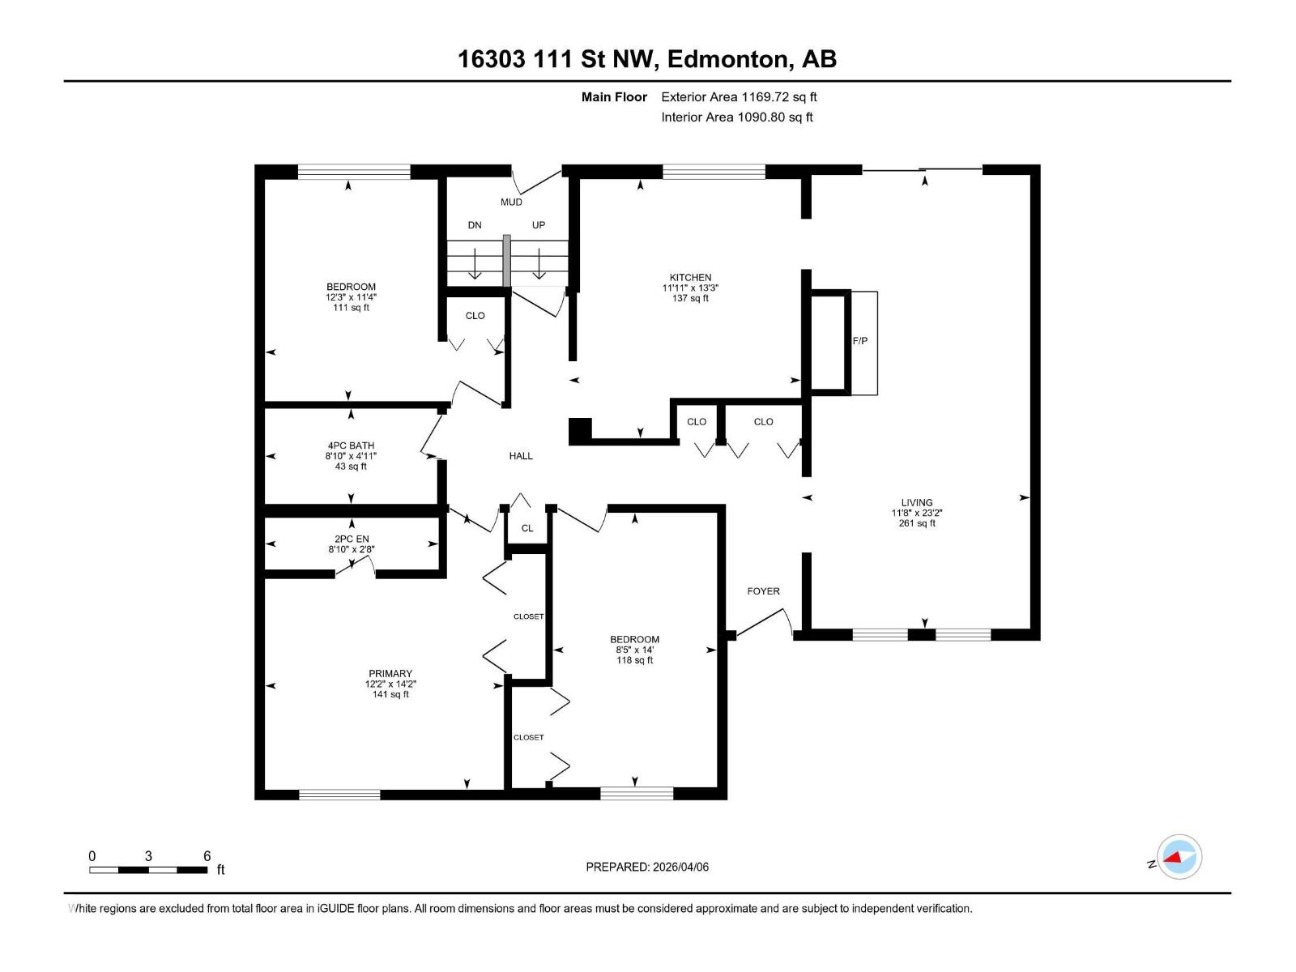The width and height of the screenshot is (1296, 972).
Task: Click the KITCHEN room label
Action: click(690, 277)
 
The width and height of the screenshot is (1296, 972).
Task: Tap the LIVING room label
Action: click(917, 502)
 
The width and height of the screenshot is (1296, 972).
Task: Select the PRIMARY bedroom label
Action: click(390, 673)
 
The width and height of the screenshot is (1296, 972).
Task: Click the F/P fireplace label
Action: click(860, 341)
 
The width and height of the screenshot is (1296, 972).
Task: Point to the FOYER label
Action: click(763, 591)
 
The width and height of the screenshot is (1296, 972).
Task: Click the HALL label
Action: click(521, 456)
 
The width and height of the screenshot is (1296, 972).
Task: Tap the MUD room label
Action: click(511, 202)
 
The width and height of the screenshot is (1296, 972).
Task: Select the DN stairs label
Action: click(475, 225)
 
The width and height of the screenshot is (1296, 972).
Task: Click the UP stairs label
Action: click(539, 225)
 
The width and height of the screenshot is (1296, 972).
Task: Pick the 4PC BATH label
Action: click(351, 446)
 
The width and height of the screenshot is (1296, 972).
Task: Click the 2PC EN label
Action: click(351, 539)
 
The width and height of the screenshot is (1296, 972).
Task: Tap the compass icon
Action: click(1179, 857)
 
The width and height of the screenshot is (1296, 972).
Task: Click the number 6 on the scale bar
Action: click(207, 856)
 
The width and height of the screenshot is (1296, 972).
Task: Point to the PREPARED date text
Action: click(647, 867)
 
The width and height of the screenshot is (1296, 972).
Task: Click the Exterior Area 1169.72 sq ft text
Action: click(739, 96)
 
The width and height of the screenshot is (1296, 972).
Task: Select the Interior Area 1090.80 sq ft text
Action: click(736, 117)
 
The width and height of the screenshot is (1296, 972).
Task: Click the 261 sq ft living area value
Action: click(917, 523)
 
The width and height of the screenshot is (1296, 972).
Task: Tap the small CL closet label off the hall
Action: click(527, 528)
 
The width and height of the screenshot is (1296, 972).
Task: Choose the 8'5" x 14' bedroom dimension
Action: click(634, 650)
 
